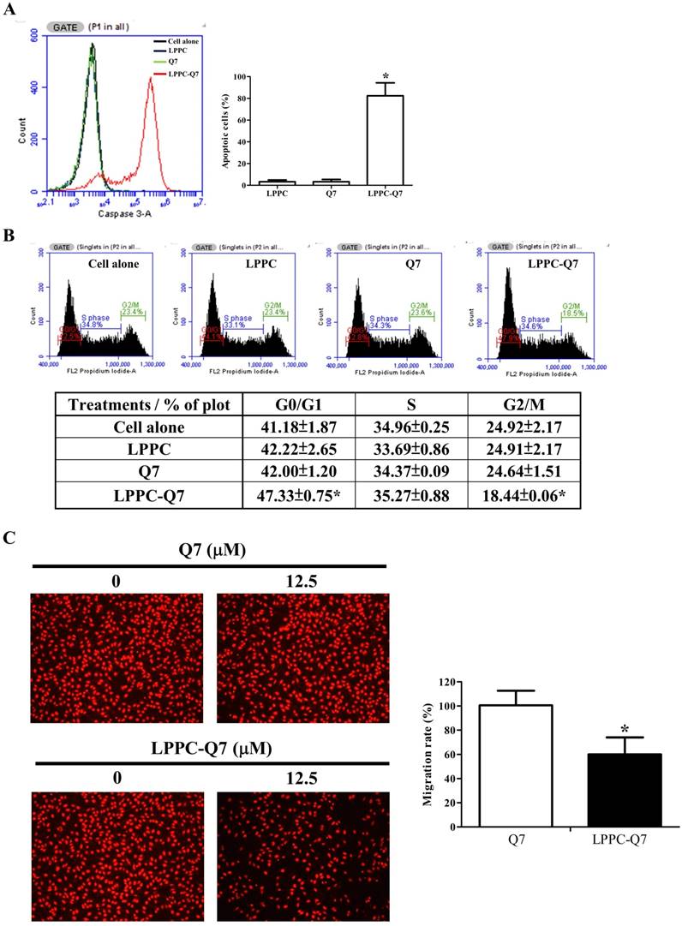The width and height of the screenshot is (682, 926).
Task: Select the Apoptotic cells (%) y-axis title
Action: [230, 130]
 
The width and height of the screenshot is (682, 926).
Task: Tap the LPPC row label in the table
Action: [150, 450]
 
